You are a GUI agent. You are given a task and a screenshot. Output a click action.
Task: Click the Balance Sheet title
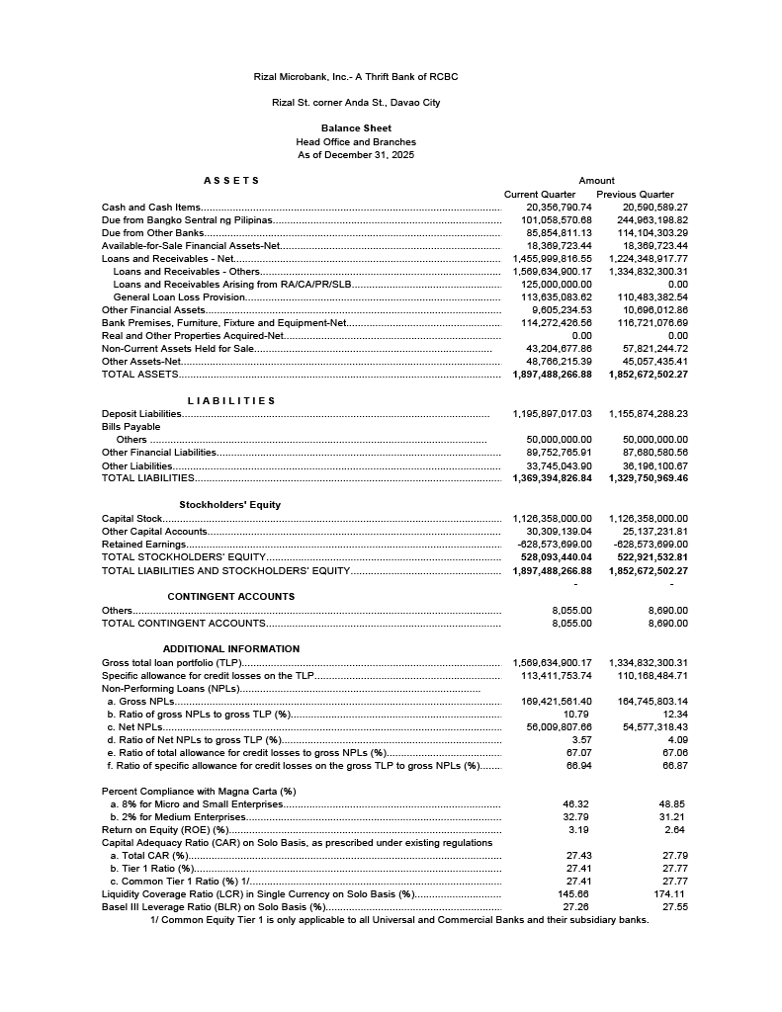356,128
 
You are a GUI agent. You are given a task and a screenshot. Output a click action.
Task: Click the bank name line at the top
356,77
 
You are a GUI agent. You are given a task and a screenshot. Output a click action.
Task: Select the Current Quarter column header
540,195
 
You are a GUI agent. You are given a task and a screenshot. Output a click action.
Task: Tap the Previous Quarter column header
635,195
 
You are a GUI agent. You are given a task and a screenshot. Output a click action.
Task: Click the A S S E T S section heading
231,181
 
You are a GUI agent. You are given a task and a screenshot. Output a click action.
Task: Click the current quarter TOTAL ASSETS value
553,376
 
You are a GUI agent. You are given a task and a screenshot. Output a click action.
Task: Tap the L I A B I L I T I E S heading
231,401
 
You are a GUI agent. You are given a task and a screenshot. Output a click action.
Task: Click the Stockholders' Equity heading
229,505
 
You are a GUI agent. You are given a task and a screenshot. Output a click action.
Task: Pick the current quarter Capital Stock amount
553,519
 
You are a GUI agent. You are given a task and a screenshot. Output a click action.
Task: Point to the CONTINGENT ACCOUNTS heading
231,597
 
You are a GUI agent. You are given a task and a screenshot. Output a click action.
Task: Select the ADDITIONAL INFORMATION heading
231,649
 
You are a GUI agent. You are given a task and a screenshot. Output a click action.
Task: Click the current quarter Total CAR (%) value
578,856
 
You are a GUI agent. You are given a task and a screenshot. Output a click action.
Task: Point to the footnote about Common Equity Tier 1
399,920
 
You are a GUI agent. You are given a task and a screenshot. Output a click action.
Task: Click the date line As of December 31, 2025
356,155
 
